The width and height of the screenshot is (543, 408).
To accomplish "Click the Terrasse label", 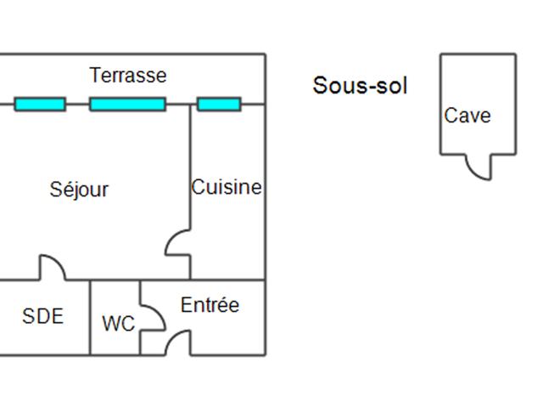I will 128,76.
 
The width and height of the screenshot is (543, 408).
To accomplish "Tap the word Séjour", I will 79,189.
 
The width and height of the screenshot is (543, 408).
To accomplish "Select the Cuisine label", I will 227,187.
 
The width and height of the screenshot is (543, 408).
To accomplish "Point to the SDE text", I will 42,316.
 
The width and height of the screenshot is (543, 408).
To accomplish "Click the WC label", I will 118,324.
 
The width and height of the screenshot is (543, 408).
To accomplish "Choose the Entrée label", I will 210,305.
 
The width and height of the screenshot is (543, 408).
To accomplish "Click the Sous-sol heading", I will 360,85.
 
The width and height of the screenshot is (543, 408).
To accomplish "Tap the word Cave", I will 467,116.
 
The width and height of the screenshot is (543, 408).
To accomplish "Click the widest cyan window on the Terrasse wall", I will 127,105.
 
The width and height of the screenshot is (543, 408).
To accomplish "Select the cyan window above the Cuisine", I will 219,105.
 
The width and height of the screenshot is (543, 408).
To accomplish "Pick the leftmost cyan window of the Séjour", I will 40,105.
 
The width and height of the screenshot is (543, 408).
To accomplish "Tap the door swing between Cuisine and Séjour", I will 178,242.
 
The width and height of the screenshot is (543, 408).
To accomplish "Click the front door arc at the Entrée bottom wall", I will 177,343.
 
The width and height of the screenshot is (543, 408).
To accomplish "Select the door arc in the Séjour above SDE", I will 52,267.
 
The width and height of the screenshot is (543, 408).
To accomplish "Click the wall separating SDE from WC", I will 90,317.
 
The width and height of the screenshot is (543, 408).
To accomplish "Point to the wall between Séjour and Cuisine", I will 190,170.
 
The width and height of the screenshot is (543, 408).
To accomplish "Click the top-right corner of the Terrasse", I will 266,54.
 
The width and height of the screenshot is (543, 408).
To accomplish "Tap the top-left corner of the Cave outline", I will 440,54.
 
